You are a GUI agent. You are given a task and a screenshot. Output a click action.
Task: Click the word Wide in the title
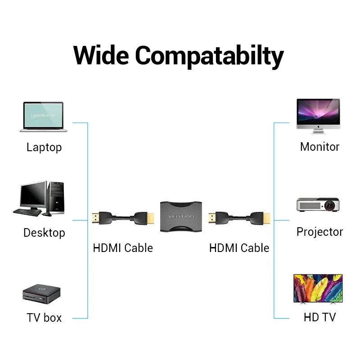point(101,55)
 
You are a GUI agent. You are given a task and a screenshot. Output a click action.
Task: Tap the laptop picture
point(44,116)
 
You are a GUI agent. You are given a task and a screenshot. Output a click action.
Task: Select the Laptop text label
point(44,147)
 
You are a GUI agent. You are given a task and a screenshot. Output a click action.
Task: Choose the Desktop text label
point(44,233)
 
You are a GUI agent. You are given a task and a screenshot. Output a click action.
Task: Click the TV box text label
point(44,318)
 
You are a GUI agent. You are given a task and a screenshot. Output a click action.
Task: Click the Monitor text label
point(319,147)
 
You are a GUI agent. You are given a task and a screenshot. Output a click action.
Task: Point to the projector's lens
point(331,205)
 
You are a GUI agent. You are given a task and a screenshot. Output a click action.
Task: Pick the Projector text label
point(319,232)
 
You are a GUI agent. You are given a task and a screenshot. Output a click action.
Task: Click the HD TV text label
point(319,318)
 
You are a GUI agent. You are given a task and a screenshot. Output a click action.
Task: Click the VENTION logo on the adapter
point(181,217)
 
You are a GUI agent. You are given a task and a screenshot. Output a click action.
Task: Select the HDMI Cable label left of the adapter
point(123,248)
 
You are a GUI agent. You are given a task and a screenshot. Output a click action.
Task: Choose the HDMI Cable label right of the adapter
point(239,248)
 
